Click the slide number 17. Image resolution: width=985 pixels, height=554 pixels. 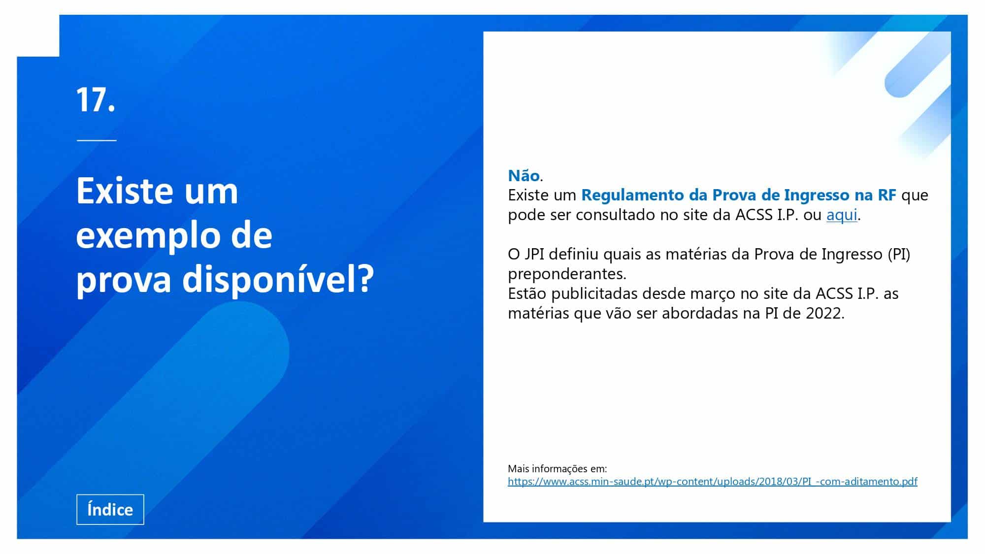point(96,100)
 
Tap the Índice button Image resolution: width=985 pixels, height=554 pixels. point(110,509)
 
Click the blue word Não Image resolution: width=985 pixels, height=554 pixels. point(524,175)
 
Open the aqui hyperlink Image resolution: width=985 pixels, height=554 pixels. point(842,215)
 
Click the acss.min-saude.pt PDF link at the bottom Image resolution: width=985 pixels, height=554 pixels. point(713,481)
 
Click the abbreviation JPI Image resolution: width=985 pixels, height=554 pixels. point(534,254)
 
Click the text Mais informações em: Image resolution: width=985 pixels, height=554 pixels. point(557,468)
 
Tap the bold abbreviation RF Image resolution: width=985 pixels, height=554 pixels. point(886,195)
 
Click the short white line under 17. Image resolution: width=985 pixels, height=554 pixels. point(97,140)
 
